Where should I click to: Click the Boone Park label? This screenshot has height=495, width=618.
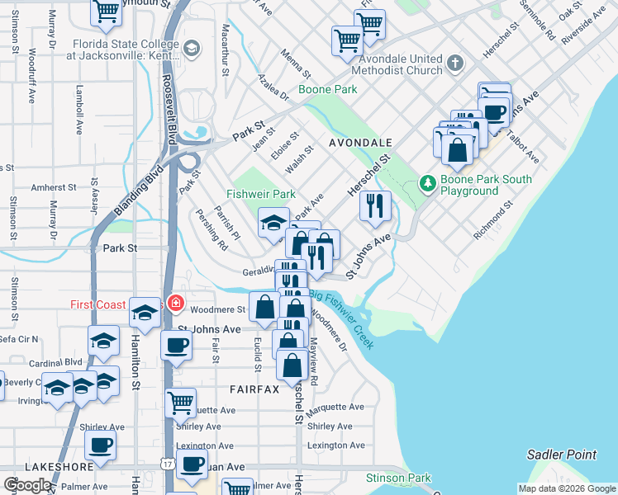click(327, 89)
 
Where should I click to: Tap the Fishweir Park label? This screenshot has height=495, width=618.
click(261, 194)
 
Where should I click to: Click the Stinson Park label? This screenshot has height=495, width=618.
click(399, 478)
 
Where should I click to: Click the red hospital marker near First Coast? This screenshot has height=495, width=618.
click(174, 304)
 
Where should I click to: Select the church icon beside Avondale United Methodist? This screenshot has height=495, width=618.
click(454, 64)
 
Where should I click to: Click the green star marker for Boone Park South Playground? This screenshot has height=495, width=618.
click(428, 182)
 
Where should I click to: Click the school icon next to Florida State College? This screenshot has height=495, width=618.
click(192, 49)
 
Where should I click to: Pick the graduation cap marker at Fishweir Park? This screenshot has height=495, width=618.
click(273, 223)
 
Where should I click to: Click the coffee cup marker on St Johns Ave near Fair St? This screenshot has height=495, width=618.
click(177, 346)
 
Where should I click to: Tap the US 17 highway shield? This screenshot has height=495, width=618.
click(169, 465)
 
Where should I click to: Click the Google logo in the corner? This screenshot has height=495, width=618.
click(27, 485)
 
